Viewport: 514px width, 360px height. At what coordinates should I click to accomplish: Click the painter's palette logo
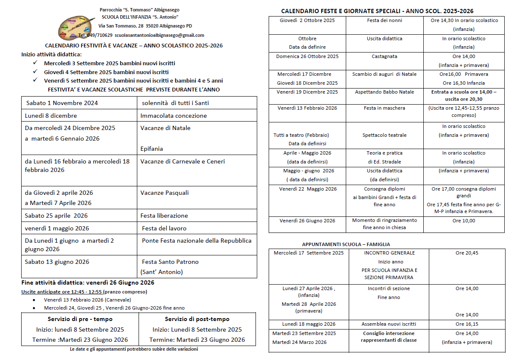tap(77, 27)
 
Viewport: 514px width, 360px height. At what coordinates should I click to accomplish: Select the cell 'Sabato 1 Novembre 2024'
tap(62, 103)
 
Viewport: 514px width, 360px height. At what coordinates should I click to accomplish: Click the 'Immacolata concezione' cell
tap(174, 116)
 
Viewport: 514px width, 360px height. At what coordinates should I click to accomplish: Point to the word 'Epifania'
tap(152, 149)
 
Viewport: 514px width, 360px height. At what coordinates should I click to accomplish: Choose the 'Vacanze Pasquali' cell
tap(165, 193)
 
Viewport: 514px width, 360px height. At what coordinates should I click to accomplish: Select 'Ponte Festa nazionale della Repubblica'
tap(197, 241)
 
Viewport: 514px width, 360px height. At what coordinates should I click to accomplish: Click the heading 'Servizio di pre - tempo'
tap(80, 319)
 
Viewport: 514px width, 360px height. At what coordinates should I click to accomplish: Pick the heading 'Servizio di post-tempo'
tap(197, 319)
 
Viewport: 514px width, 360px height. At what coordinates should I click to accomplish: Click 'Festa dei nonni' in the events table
tap(384, 20)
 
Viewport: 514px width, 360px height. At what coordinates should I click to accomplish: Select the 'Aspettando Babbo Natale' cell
tap(384, 92)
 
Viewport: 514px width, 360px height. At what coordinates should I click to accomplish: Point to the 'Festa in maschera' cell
tap(384, 108)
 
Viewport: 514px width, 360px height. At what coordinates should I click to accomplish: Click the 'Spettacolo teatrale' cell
tap(384, 135)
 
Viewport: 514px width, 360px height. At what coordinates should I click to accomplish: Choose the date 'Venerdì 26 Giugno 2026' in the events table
tap(307, 221)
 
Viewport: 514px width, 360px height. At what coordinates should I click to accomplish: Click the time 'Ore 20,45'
tap(467, 253)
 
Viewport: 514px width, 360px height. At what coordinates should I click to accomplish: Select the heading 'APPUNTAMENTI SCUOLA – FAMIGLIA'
tap(346, 244)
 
